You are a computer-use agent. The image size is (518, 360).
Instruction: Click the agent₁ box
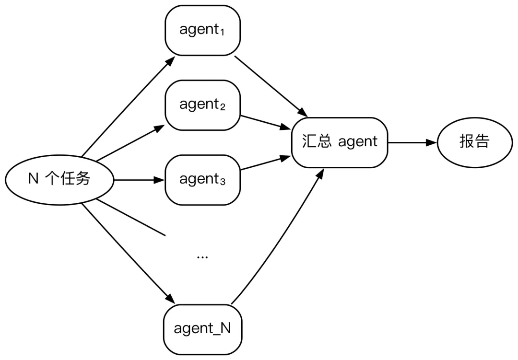202,30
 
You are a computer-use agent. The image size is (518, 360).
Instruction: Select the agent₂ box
202,105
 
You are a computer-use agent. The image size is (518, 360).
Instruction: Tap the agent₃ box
202,180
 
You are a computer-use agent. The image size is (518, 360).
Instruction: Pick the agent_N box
202,329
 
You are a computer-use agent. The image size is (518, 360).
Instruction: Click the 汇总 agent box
340,142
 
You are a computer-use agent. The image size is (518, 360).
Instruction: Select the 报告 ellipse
475,142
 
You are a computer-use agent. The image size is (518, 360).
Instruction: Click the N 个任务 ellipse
59,180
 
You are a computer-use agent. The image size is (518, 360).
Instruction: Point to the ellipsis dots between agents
202,257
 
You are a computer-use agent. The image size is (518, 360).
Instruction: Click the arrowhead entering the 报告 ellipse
432,143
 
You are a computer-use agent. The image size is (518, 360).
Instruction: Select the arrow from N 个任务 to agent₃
139,180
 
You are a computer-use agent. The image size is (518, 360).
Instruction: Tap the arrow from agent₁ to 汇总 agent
271,87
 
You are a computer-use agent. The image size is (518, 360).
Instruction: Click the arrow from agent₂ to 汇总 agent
265,122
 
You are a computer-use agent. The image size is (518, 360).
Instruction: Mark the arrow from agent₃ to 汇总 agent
265,163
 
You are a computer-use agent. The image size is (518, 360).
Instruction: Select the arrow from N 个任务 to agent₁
128,106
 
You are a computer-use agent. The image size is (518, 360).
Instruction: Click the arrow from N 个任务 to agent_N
128,254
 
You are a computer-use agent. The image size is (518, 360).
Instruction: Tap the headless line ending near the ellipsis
131,218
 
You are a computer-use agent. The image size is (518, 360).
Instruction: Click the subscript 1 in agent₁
222,33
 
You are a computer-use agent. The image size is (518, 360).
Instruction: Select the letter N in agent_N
225,328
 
